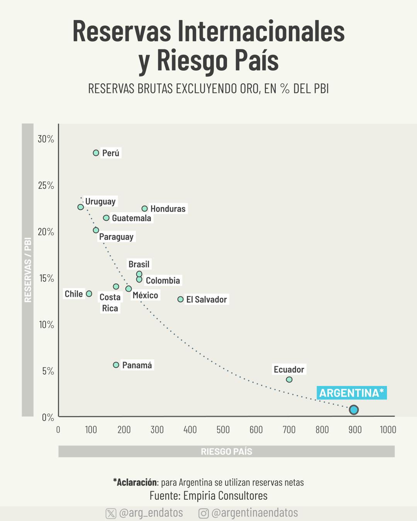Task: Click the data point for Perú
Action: point(96,153)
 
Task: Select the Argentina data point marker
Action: point(354,410)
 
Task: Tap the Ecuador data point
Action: point(289,380)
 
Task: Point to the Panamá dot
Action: point(116,365)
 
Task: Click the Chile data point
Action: point(89,294)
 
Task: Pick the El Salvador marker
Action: point(180,299)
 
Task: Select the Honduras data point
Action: point(144,209)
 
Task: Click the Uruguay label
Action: point(100,201)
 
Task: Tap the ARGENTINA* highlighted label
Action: point(351,393)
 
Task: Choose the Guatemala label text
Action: point(131,218)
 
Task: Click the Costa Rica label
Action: point(110,303)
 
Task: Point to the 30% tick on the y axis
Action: point(46,139)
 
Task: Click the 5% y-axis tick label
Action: point(47,371)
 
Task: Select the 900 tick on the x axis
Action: point(355,430)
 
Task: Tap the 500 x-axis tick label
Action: point(223,430)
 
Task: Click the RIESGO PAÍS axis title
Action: point(226,452)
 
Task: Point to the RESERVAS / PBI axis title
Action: point(28,270)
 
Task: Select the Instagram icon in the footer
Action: point(203,513)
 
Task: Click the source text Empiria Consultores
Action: point(225,496)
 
